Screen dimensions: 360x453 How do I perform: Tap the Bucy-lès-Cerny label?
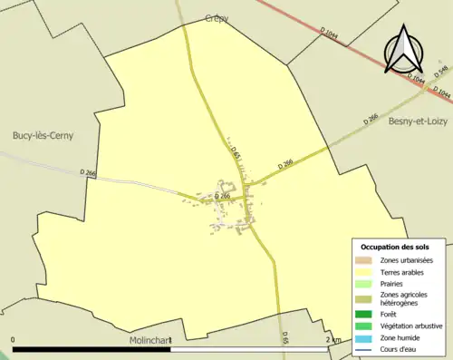43,136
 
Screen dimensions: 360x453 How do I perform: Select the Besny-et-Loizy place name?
419,121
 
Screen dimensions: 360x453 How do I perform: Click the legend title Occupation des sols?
400,247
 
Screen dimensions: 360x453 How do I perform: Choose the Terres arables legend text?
403,271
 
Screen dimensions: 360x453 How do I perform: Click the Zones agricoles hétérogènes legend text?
405,298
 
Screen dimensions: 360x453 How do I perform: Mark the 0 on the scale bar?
14,340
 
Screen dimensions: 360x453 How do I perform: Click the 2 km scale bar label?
333,340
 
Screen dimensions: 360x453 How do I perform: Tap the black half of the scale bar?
92,349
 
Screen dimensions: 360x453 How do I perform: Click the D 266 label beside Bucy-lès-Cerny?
88,172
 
